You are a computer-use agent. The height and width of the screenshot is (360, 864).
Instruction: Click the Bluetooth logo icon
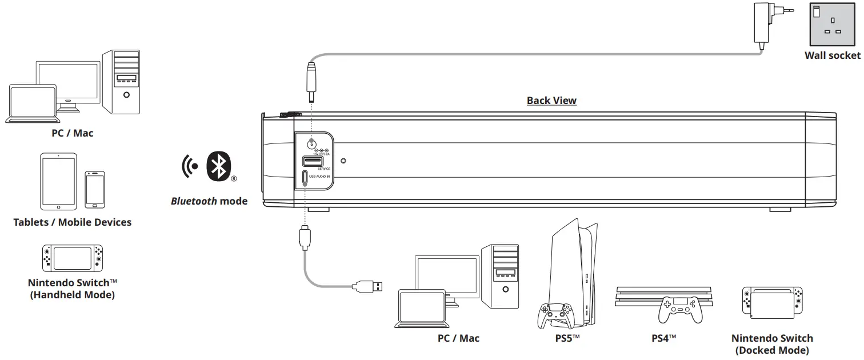click(x=217, y=166)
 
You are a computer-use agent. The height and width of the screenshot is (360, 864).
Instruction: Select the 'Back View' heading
click(x=551, y=101)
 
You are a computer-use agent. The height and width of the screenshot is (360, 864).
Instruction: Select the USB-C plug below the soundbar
click(x=304, y=237)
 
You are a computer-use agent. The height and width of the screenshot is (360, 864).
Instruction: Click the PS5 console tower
click(x=569, y=269)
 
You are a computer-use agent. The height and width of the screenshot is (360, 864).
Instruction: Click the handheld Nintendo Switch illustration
click(x=73, y=258)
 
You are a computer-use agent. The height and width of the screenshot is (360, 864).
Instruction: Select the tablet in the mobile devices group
click(x=58, y=181)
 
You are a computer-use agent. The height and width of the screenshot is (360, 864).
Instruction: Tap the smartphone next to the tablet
click(x=95, y=189)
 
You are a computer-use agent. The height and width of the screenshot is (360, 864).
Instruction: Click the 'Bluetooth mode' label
click(x=209, y=201)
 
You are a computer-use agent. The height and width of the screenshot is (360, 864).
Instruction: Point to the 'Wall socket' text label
click(x=832, y=55)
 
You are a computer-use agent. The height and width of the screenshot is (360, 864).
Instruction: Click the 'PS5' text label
click(x=567, y=338)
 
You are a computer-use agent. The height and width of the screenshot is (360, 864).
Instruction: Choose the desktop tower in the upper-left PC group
click(x=121, y=81)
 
